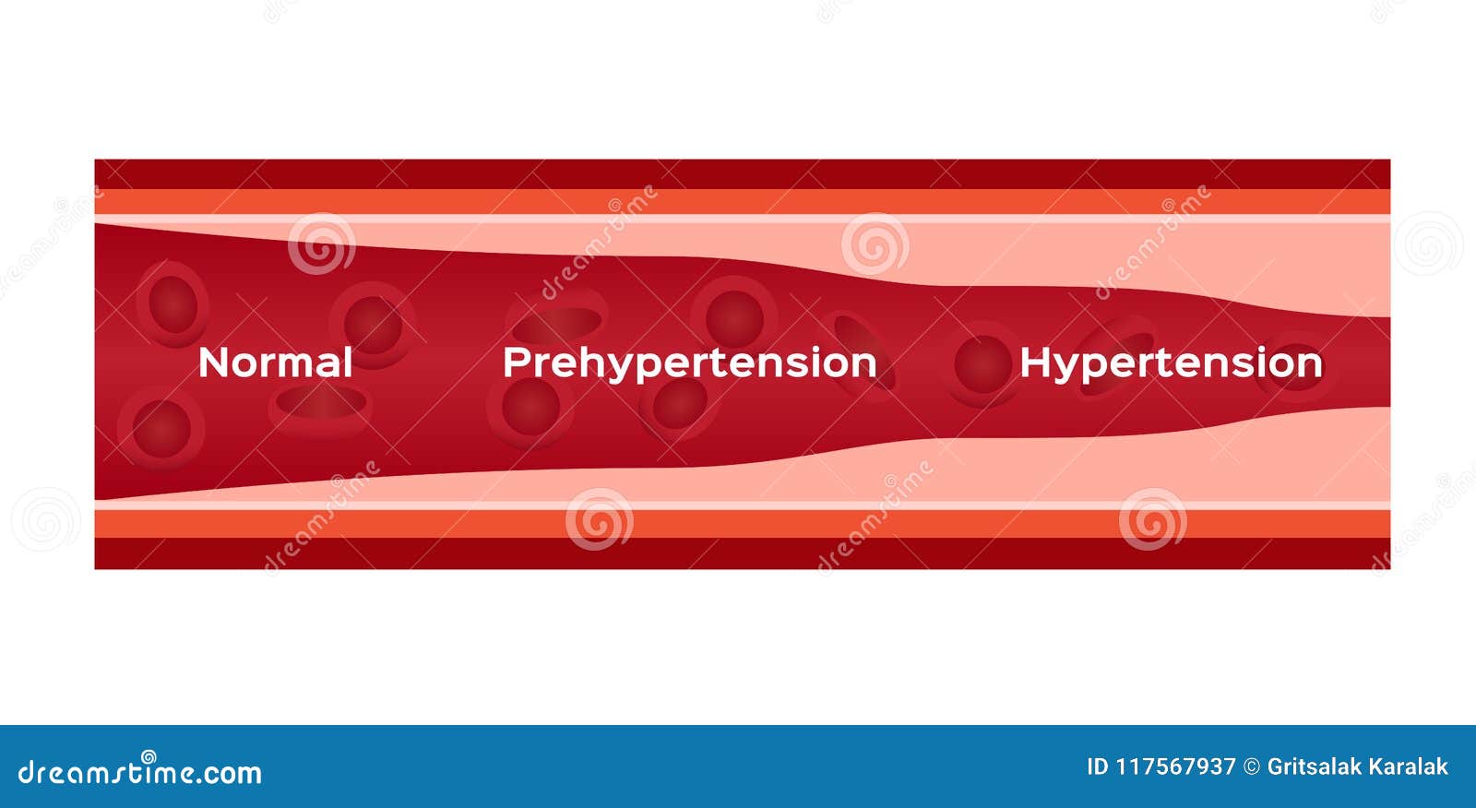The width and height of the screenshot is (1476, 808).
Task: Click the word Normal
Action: (276, 362)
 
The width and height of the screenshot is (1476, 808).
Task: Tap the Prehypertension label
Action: (690, 363)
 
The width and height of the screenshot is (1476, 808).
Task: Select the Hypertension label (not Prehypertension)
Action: (1171, 363)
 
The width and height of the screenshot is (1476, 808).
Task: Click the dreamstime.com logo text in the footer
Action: (139, 770)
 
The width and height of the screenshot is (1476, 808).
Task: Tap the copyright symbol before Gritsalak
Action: (1251, 766)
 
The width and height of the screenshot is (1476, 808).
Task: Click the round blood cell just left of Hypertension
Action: (982, 364)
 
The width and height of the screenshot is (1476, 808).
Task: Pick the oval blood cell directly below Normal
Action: (321, 403)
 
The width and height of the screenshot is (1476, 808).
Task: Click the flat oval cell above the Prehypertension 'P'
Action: (557, 322)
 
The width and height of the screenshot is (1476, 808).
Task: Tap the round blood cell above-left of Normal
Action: (173, 303)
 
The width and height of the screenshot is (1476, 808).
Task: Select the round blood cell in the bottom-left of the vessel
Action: (161, 428)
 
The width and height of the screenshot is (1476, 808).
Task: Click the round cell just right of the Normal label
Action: (373, 325)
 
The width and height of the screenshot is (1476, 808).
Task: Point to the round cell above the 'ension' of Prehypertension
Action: (734, 319)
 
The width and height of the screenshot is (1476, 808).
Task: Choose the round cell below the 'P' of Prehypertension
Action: (530, 407)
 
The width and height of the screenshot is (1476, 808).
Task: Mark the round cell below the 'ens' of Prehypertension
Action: (679, 403)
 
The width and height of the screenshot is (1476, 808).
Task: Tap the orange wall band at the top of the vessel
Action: (743, 202)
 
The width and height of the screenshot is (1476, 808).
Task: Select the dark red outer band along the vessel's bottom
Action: (743, 553)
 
